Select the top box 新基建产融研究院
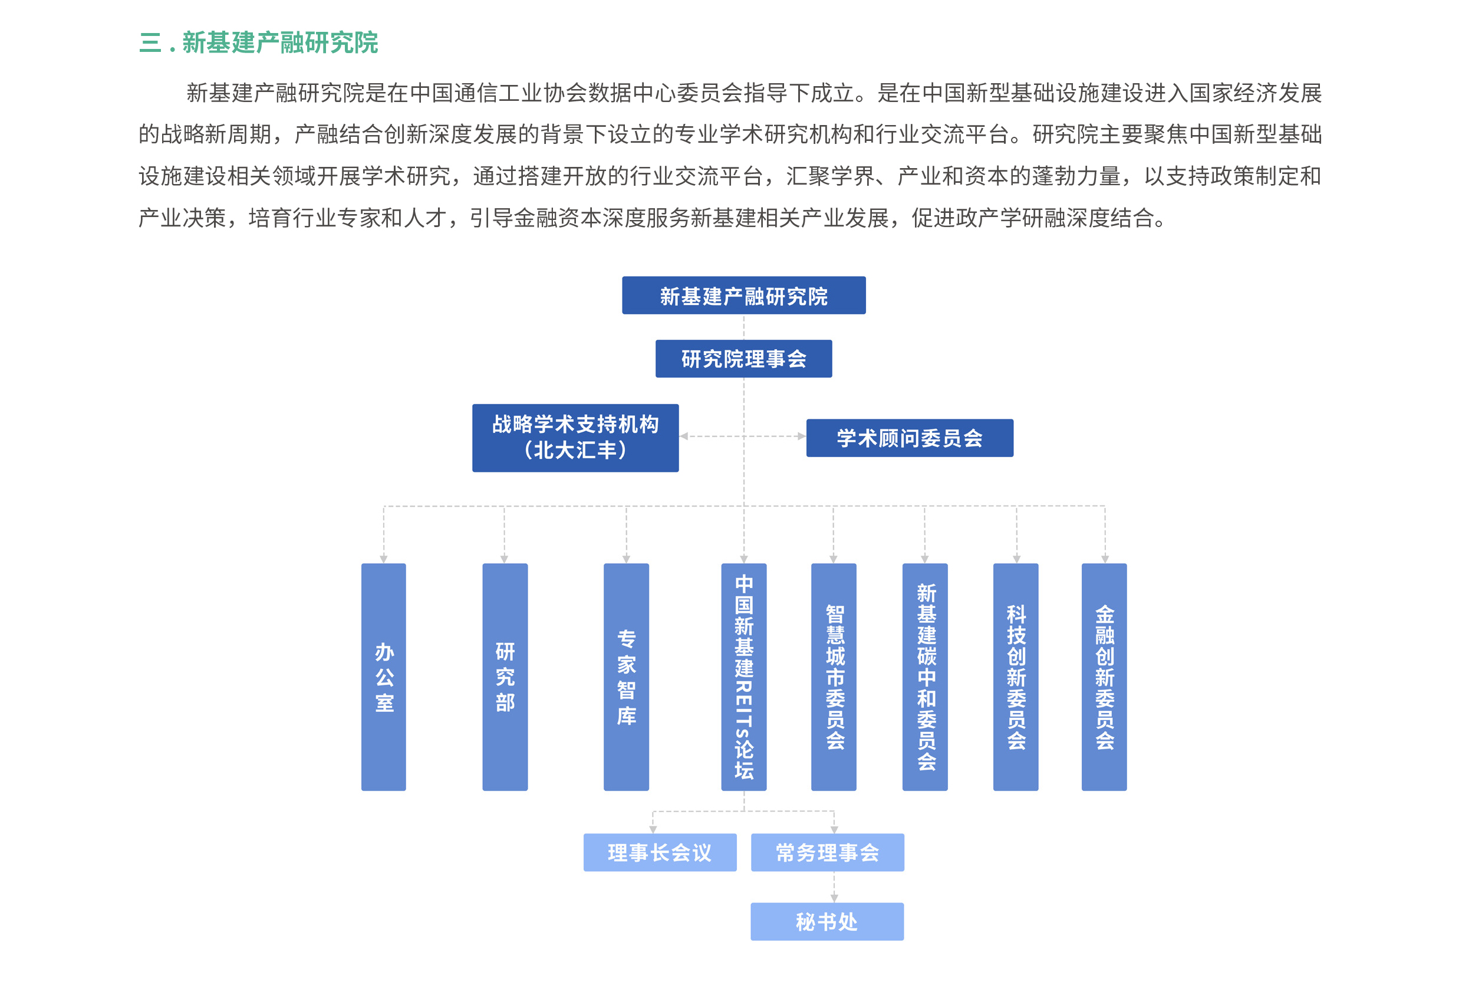tap(743, 295)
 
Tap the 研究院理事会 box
tap(743, 359)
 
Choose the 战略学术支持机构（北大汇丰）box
tap(575, 438)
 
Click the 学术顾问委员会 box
tap(910, 438)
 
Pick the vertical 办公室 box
tap(384, 677)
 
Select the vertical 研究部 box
tap(505, 677)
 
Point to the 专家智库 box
tap(626, 677)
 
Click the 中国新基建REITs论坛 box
tap(744, 677)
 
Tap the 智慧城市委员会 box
tap(834, 677)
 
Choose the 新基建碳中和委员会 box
tap(925, 677)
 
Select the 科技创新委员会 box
tap(1016, 677)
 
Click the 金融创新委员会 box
tap(1104, 677)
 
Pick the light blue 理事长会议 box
tap(660, 852)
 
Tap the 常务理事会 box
tap(827, 852)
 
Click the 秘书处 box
tap(827, 921)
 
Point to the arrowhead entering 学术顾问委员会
tap(802, 436)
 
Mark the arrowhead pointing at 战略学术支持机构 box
tap(684, 436)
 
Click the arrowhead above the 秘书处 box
tap(834, 899)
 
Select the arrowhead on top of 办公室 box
tap(384, 559)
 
